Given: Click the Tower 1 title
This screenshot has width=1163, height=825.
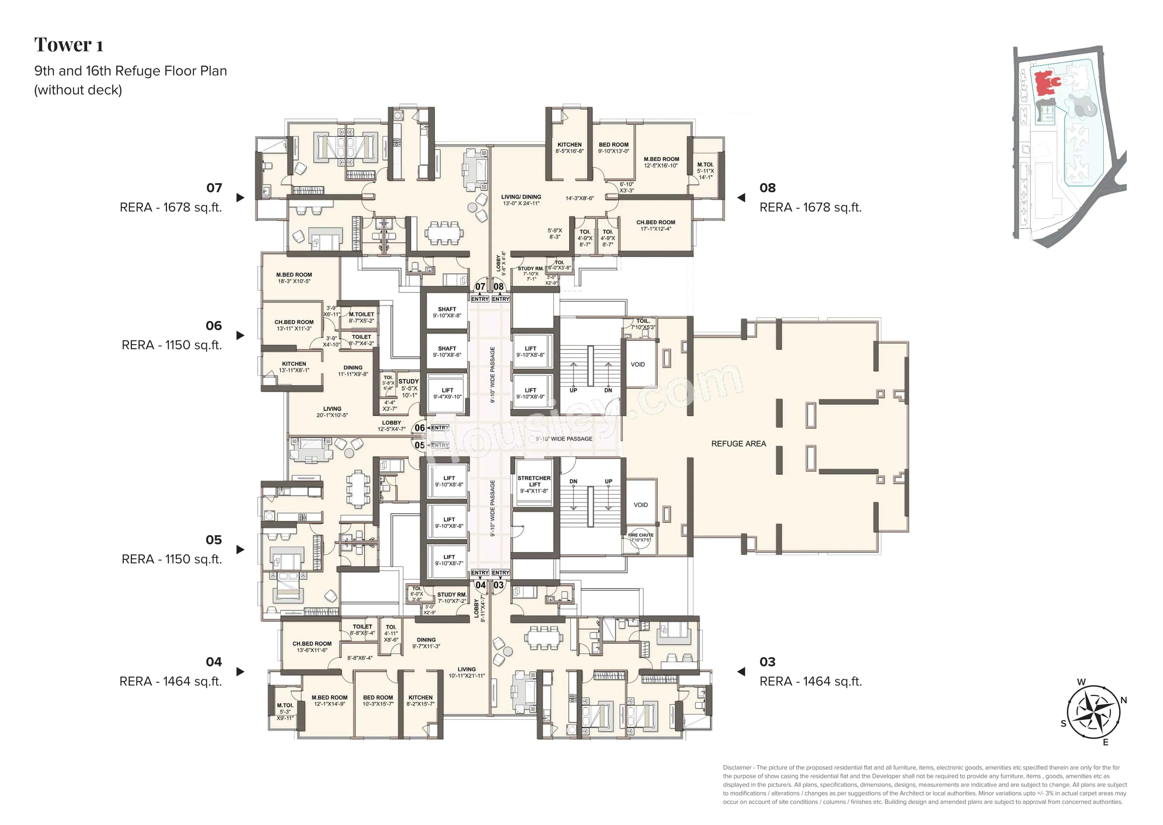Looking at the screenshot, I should click(69, 45).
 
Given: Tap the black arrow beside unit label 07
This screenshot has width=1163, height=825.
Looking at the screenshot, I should click(240, 198).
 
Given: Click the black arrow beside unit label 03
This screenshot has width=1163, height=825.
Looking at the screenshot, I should click(741, 672).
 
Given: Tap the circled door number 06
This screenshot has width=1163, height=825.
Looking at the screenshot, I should click(419, 428).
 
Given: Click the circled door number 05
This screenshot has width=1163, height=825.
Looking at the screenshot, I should click(419, 445).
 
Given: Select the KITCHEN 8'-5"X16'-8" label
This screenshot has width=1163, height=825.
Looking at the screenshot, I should click(569, 147).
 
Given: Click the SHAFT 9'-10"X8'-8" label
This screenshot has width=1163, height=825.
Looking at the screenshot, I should click(447, 312).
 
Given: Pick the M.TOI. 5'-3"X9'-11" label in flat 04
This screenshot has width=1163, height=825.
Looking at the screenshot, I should click(285, 711).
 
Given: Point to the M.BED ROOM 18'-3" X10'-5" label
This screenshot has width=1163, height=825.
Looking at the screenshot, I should click(294, 278).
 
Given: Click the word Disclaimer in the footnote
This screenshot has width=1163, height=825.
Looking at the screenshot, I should click(737, 768).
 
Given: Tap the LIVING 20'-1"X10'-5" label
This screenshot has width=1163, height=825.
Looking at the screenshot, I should click(332, 411).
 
